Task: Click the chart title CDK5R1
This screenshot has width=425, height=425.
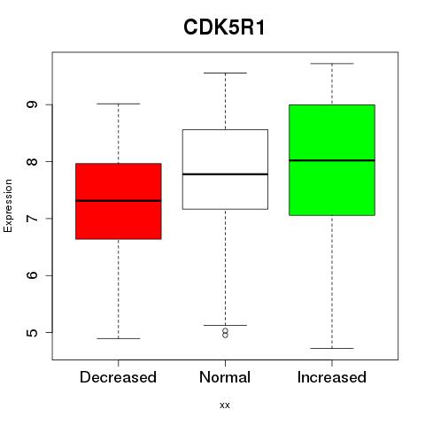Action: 224,27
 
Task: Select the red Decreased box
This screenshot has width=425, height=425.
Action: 119,201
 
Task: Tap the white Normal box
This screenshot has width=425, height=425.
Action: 225,169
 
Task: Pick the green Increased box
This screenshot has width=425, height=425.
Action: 332,160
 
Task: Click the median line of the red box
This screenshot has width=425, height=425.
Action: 119,201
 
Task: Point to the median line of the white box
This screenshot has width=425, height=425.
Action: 225,174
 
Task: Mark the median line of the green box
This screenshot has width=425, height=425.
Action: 332,160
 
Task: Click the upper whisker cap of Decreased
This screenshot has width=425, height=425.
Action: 119,104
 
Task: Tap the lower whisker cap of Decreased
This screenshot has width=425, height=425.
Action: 119,338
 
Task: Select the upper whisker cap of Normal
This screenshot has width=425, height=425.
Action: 225,73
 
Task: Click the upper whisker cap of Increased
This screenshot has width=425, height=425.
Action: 332,64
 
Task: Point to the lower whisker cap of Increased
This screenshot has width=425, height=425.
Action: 332,348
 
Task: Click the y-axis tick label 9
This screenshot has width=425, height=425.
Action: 32,104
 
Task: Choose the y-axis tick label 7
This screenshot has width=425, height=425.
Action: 32,219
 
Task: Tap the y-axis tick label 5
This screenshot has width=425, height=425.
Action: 32,332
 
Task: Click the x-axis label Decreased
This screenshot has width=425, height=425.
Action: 118,377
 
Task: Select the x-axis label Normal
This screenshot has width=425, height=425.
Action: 225,377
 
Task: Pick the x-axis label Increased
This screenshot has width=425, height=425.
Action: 332,377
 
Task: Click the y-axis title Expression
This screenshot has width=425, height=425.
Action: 8,205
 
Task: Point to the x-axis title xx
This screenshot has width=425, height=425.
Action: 225,405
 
